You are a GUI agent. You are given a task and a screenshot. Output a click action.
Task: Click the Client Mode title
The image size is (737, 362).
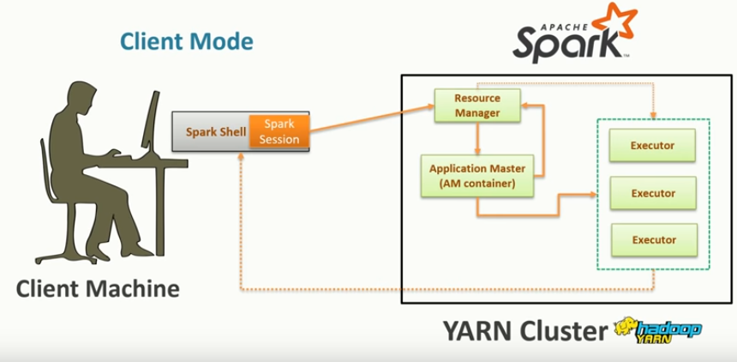tap(186, 40)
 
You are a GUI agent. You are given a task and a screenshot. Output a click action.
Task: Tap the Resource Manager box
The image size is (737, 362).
tap(477, 105)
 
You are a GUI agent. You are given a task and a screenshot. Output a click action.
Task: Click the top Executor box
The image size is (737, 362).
tap(652, 146)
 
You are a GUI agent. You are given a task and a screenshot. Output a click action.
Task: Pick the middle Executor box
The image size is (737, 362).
tap(652, 193)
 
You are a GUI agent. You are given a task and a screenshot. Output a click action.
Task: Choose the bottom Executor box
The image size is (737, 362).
tap(652, 239)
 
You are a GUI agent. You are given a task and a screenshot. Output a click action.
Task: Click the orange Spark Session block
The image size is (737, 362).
tap(278, 131)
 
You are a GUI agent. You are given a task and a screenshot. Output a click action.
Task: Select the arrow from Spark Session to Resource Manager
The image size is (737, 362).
tap(368, 120)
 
